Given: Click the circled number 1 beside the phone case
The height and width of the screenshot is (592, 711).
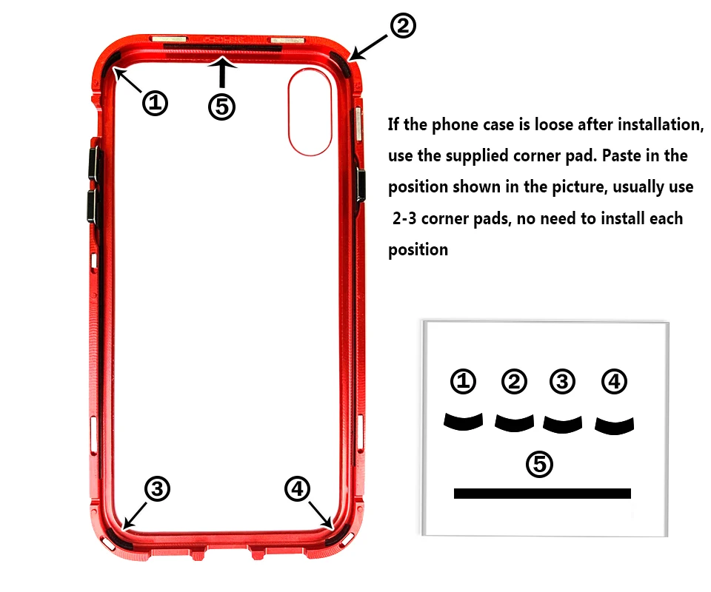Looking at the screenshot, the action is click(155, 103).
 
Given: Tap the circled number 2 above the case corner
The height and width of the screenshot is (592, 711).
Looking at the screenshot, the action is click(403, 25).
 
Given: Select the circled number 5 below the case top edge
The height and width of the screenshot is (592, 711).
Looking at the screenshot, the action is click(221, 107).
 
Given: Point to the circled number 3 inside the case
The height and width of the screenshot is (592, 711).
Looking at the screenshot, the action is click(157, 488).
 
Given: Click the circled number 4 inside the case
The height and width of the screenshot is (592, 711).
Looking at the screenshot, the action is click(297, 488).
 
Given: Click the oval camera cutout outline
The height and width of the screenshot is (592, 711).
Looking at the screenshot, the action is click(289, 112).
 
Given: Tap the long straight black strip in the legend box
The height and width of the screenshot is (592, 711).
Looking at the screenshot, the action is click(542, 494).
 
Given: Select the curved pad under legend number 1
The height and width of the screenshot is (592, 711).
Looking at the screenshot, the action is click(463, 423).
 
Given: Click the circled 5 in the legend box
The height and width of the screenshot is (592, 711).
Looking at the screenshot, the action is click(539, 464).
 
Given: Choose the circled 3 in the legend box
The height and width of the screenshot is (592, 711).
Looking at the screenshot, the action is click(562, 381).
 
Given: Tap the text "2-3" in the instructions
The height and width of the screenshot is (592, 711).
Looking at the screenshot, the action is click(404, 219).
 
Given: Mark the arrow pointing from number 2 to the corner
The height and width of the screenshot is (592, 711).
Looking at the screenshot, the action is click(369, 47).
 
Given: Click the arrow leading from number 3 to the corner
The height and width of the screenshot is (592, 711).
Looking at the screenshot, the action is click(135, 516).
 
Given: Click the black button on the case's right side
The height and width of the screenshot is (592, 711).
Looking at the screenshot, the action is click(361, 185).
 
